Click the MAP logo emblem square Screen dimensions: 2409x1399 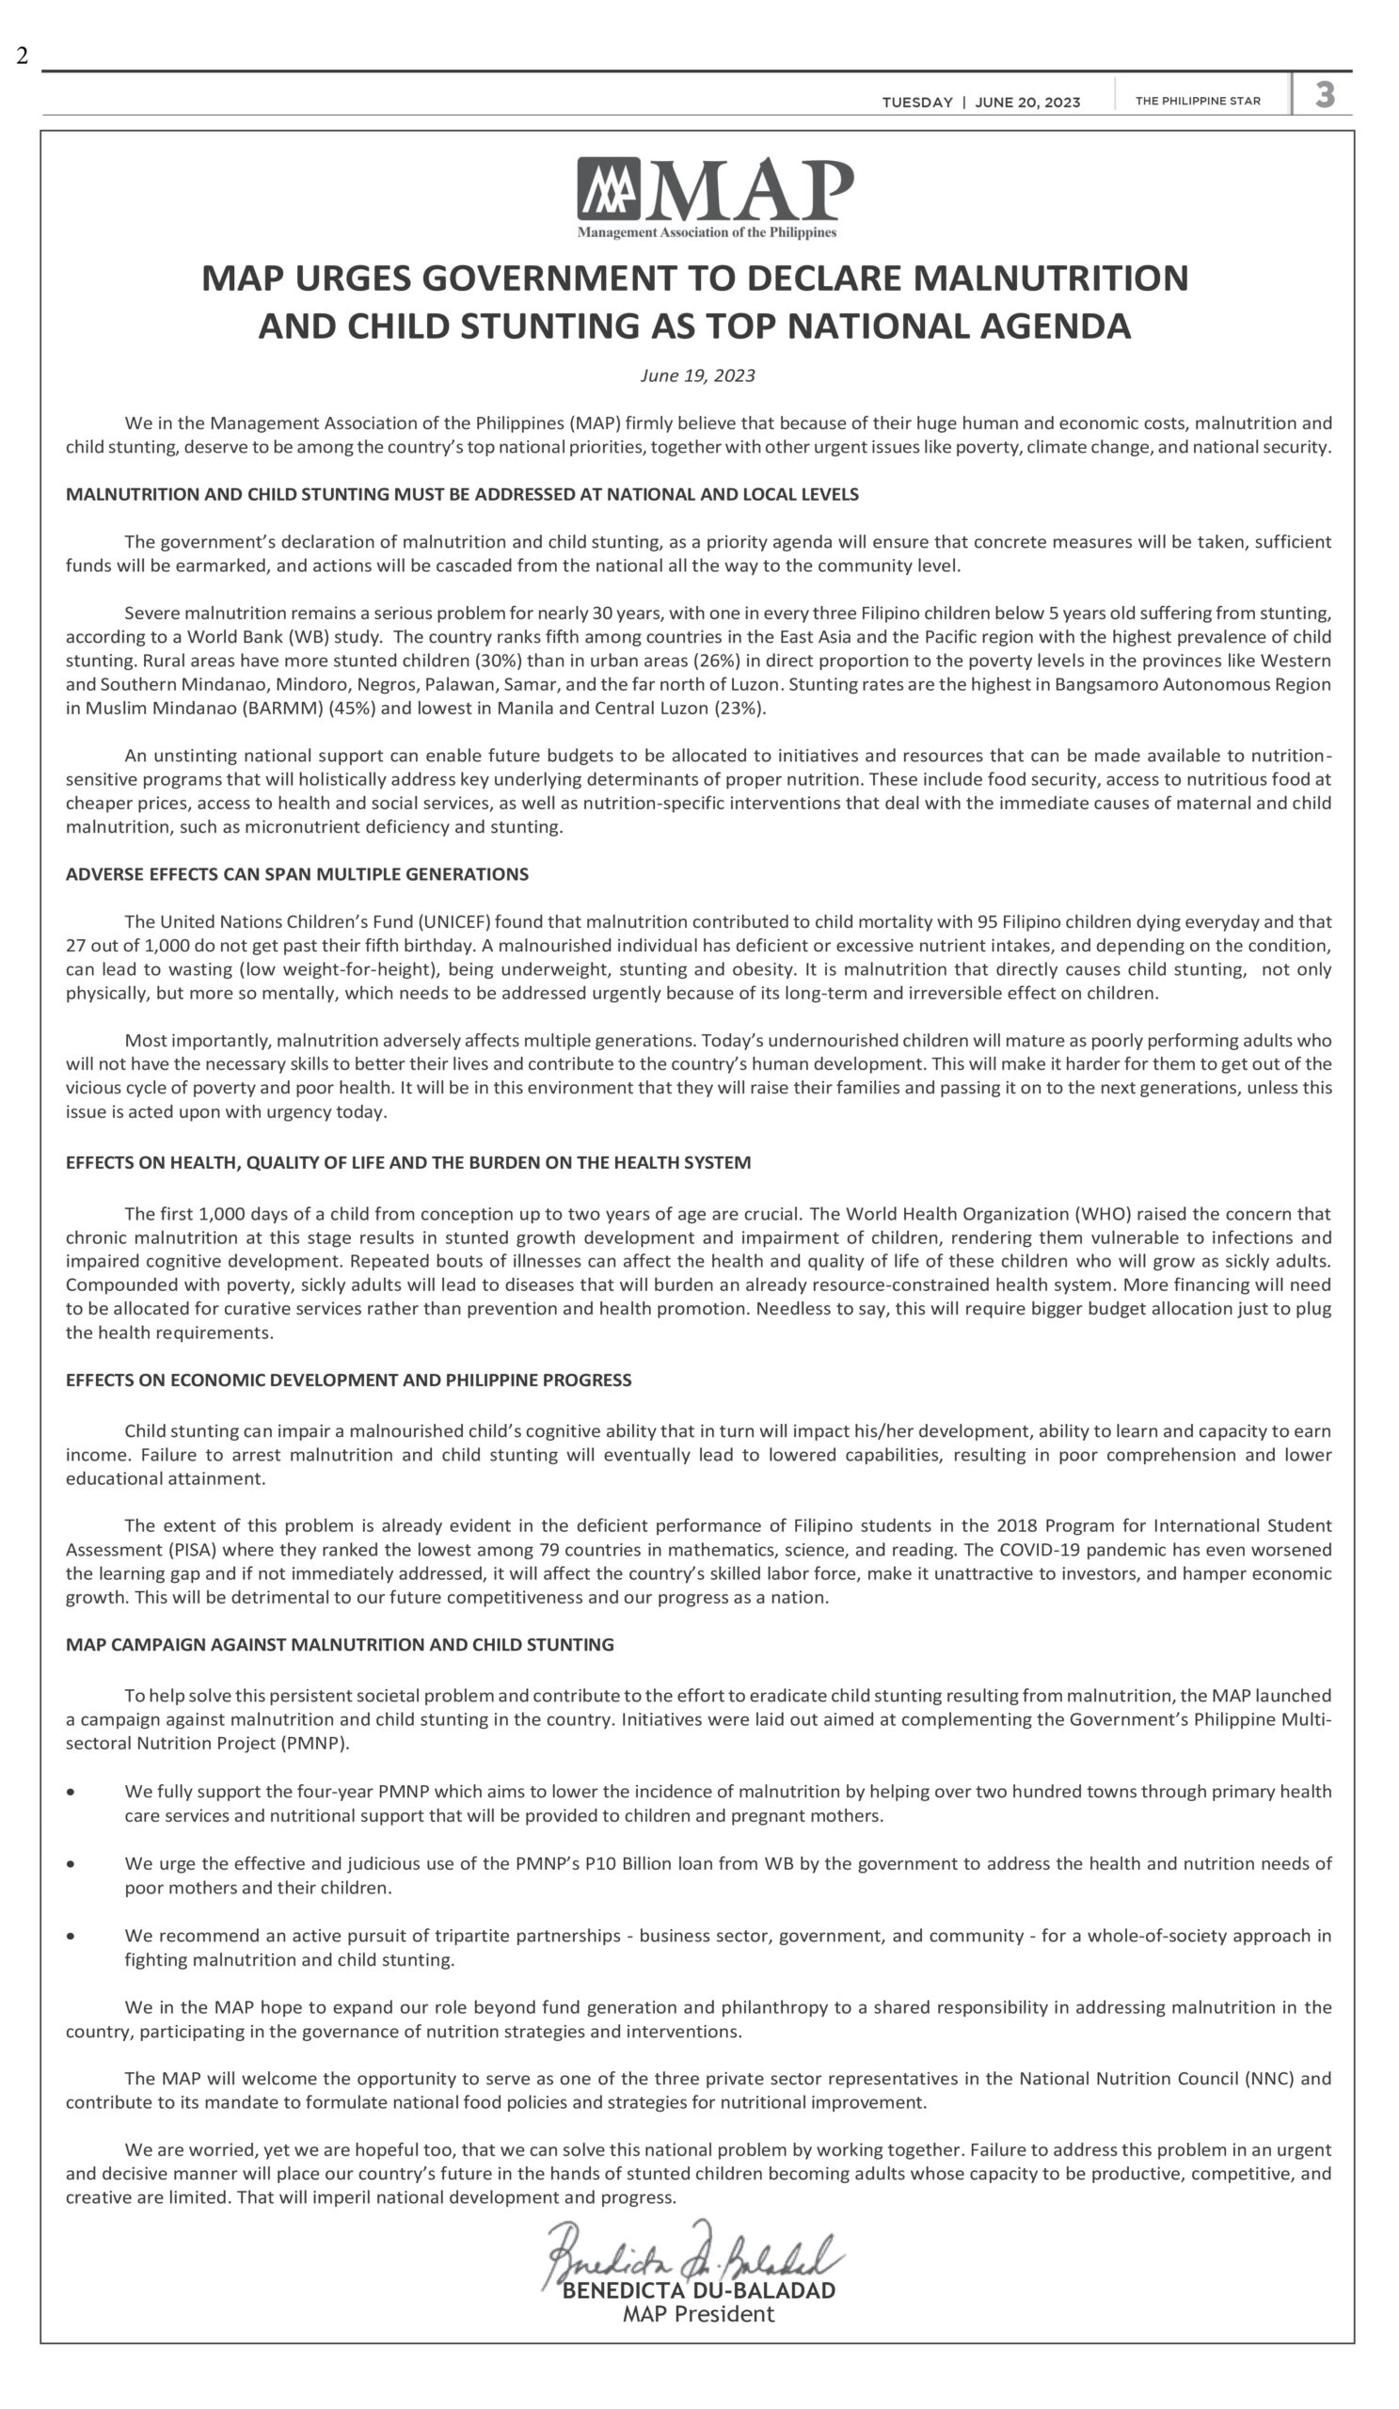[x=608, y=188]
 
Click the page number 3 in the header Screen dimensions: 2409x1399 [x=1325, y=95]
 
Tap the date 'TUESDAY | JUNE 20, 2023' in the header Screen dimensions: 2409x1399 [x=980, y=103]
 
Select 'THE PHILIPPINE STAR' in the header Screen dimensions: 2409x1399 [x=1198, y=102]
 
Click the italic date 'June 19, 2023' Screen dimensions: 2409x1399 [x=697, y=375]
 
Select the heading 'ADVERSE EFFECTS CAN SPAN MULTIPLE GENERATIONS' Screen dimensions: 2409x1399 [x=297, y=874]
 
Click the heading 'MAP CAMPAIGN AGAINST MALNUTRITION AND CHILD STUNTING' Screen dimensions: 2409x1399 [x=340, y=1644]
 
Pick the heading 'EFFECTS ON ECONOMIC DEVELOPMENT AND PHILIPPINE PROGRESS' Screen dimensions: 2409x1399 [x=349, y=1380]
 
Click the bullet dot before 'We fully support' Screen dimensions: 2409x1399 [x=71, y=1792]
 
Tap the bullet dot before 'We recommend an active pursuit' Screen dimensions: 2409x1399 [x=71, y=1936]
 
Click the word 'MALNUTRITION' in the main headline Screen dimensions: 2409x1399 [x=1051, y=279]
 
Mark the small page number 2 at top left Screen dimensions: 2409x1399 [x=22, y=56]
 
